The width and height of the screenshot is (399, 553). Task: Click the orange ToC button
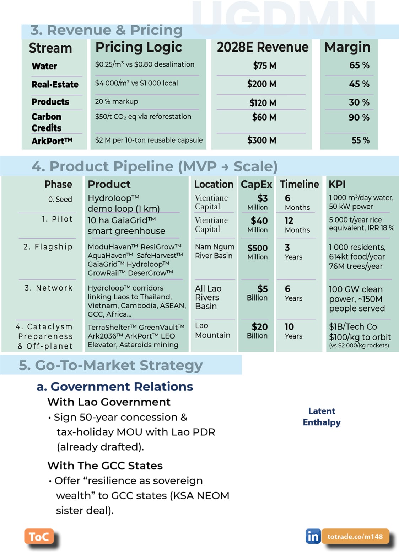(39, 536)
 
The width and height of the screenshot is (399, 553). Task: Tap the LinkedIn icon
(313, 536)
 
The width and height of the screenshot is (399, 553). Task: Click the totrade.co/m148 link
(355, 536)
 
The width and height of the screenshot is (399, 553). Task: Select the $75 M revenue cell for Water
(264, 66)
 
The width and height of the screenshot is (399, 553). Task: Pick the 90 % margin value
(359, 117)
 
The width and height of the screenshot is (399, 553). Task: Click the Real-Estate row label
(55, 85)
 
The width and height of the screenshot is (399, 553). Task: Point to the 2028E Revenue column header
(263, 47)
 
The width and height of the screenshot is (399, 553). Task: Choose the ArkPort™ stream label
(52, 141)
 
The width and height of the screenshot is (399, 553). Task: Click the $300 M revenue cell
(261, 140)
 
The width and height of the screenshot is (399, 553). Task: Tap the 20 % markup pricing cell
(117, 101)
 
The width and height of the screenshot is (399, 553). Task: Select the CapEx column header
(256, 184)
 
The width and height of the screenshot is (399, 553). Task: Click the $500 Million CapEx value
(258, 251)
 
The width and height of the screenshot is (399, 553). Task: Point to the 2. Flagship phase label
(48, 246)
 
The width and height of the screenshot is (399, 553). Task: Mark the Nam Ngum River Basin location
(215, 251)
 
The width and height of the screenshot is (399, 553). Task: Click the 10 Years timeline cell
(293, 331)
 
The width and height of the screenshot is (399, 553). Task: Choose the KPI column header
(337, 184)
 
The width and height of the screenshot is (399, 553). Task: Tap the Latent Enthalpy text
(322, 416)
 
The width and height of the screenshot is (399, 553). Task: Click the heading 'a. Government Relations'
(115, 387)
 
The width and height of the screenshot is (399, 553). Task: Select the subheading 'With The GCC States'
(105, 466)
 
